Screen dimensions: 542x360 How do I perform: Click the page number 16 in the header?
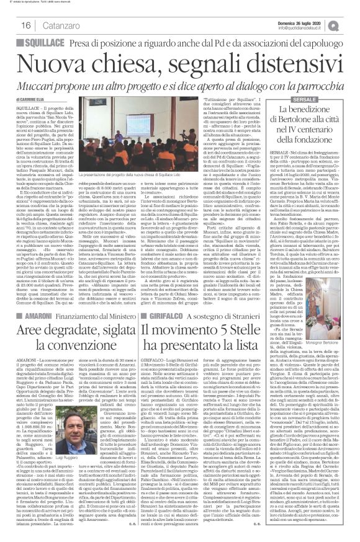pos(10,25)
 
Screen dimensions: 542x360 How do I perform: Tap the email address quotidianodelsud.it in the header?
pos(310,27)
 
